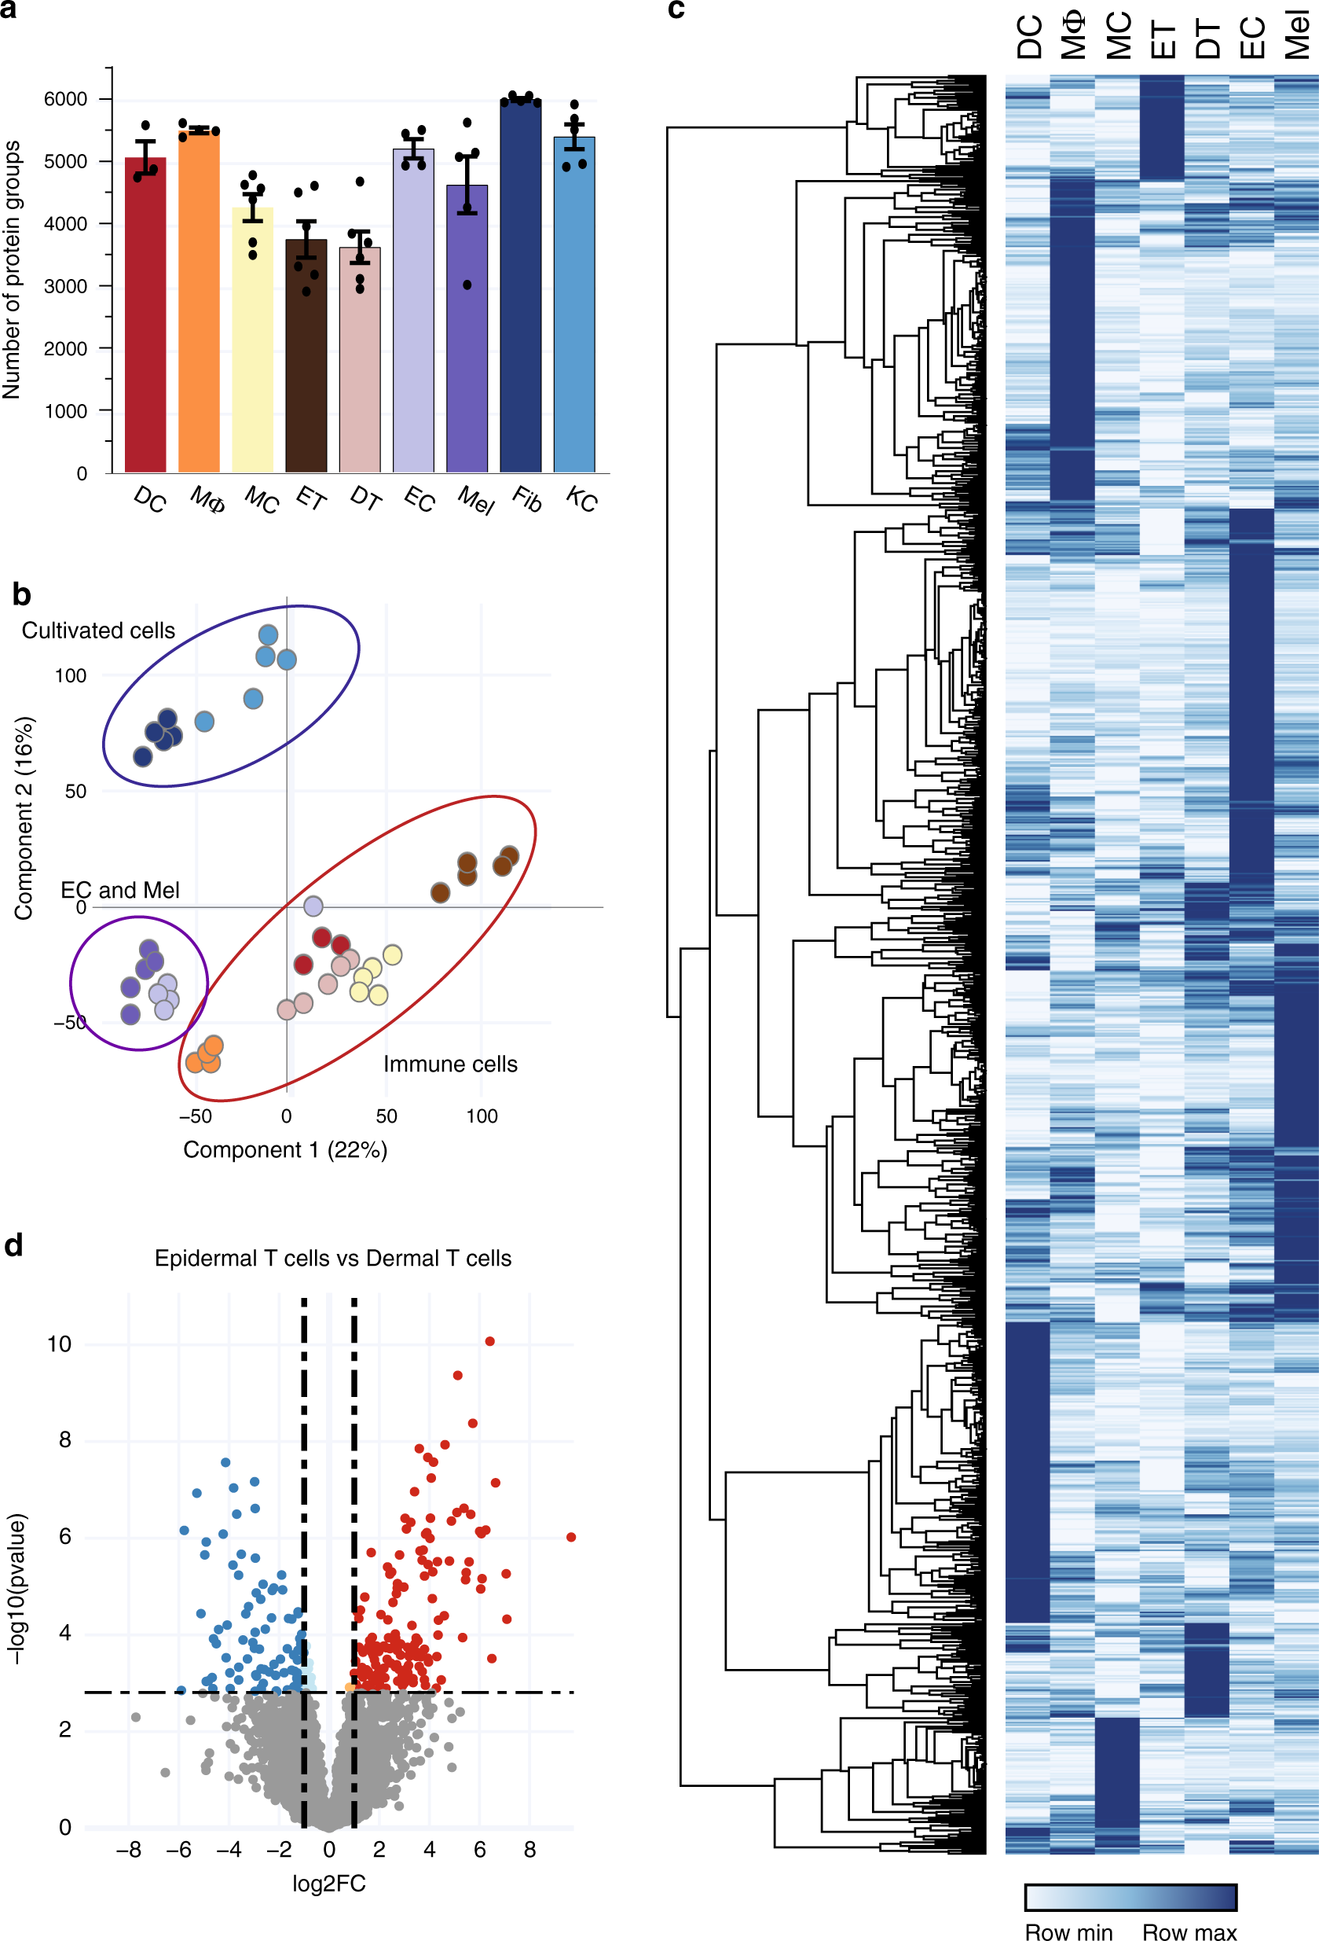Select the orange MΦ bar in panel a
[x=199, y=300]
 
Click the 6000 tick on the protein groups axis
[x=65, y=99]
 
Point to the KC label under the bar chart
[x=581, y=499]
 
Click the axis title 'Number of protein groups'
[x=12, y=270]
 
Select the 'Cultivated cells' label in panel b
[x=98, y=630]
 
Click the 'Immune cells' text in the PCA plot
[x=450, y=1064]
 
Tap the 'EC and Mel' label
[x=119, y=891]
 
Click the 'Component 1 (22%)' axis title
[x=284, y=1150]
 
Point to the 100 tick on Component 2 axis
[x=70, y=675]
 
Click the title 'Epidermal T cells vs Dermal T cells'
[x=332, y=1258]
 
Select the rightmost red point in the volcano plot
[x=571, y=1537]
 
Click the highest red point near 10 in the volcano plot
[x=490, y=1341]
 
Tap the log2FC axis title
[x=328, y=1884]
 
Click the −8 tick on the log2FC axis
[x=128, y=1849]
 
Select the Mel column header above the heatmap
[x=1296, y=35]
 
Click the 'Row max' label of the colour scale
[x=1189, y=1932]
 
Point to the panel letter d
[x=13, y=1245]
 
